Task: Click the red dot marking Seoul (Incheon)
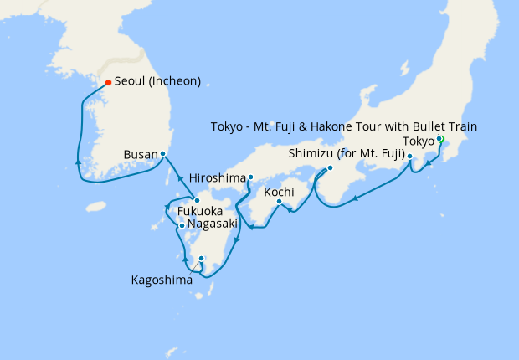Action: coord(108,82)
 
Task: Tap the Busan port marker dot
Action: coord(163,154)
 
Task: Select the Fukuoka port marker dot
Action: coord(196,199)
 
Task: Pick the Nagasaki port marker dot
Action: coord(182,225)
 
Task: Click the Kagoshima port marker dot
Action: coord(202,259)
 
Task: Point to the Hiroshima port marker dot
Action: coord(250,177)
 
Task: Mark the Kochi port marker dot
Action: coord(279,201)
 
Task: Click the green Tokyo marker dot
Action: coord(439,139)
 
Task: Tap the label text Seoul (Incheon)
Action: coord(157,82)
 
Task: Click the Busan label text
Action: coord(139,155)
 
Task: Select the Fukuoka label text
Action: coord(199,212)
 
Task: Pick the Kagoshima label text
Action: coord(162,280)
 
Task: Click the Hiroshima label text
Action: coord(218,177)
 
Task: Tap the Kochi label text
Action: coord(279,193)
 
